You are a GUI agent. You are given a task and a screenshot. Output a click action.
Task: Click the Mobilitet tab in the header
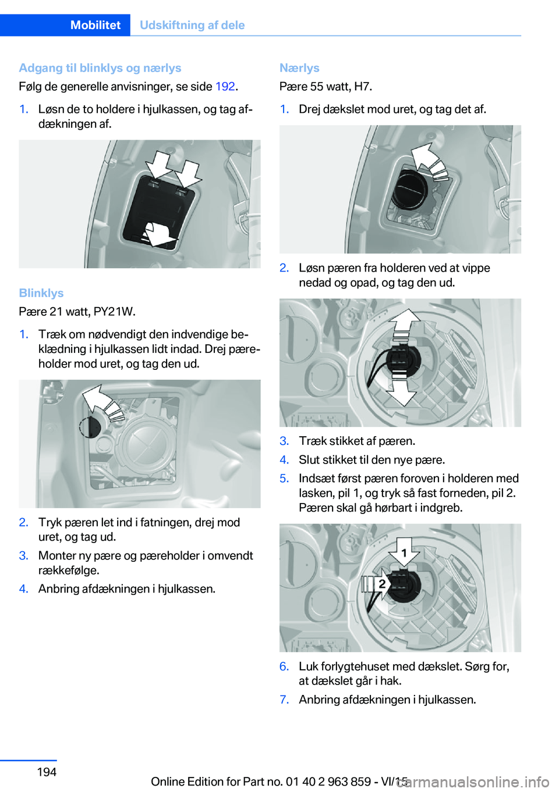[x=95, y=25]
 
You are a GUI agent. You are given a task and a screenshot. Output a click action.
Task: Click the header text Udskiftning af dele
[x=192, y=25]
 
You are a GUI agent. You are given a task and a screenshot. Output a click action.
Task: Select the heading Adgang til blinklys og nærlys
[x=100, y=68]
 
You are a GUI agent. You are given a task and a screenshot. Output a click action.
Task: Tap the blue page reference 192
[x=225, y=87]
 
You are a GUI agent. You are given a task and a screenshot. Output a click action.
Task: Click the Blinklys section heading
[x=41, y=293]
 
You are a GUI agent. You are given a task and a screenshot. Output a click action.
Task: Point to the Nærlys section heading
[x=299, y=68]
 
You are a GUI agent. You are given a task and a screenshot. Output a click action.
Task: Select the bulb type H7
[x=362, y=87]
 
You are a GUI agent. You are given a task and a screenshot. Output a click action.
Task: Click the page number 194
[x=47, y=772]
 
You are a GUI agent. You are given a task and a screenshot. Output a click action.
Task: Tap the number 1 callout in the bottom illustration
[x=404, y=552]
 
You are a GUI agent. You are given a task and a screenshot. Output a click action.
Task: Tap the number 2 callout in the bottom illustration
[x=382, y=583]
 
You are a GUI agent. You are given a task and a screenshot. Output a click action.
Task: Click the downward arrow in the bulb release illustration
[x=402, y=391]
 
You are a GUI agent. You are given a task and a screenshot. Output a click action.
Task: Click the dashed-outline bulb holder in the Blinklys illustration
[x=90, y=427]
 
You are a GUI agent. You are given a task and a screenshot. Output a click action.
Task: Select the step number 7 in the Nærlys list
[x=284, y=700]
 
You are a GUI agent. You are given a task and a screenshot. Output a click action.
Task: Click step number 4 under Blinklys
[x=23, y=589]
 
